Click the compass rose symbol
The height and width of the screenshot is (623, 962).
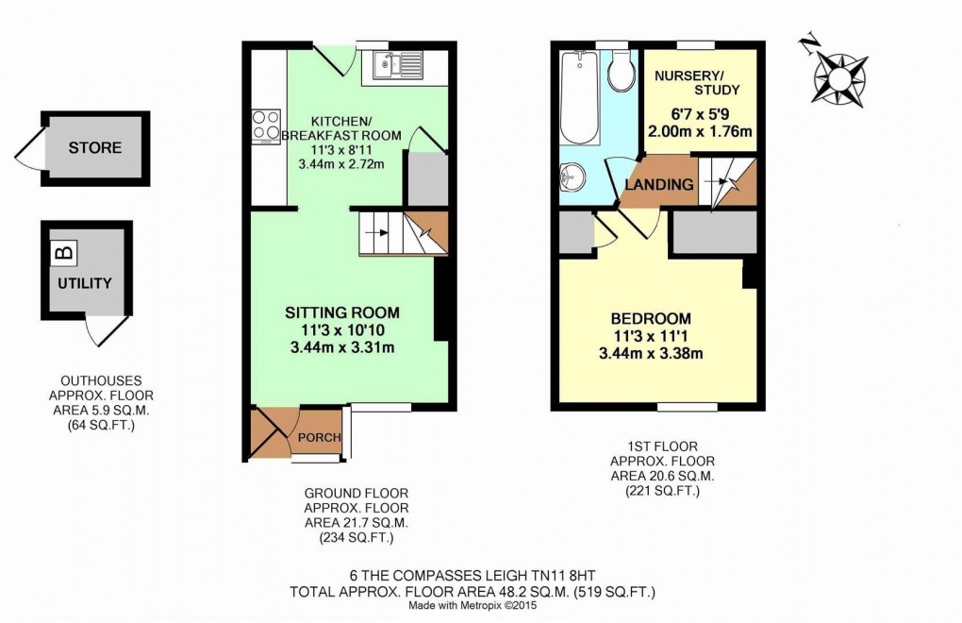[x=837, y=75]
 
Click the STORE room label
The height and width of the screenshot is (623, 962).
[x=94, y=148]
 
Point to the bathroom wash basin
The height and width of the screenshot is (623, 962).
[x=575, y=177]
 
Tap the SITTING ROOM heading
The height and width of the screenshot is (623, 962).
[x=342, y=312]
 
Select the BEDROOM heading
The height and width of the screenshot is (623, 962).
[x=651, y=318]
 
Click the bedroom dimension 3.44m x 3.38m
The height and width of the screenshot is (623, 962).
[x=651, y=354]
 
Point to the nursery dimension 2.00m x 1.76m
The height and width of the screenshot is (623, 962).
[x=699, y=131]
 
